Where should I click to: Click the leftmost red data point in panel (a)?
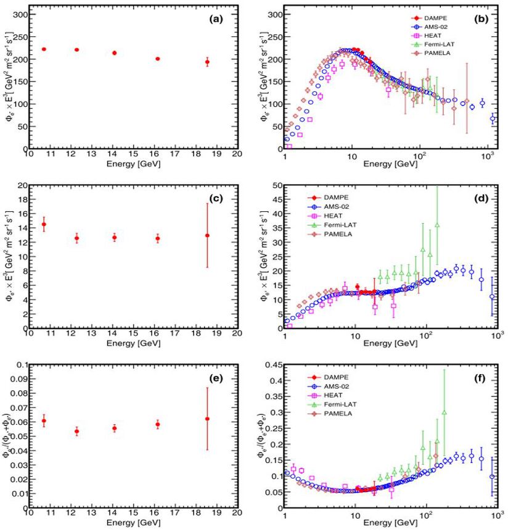click(x=44, y=49)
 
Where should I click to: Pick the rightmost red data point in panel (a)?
click(x=207, y=62)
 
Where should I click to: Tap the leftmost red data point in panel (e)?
click(x=44, y=420)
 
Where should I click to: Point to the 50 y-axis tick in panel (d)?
click(x=275, y=185)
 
